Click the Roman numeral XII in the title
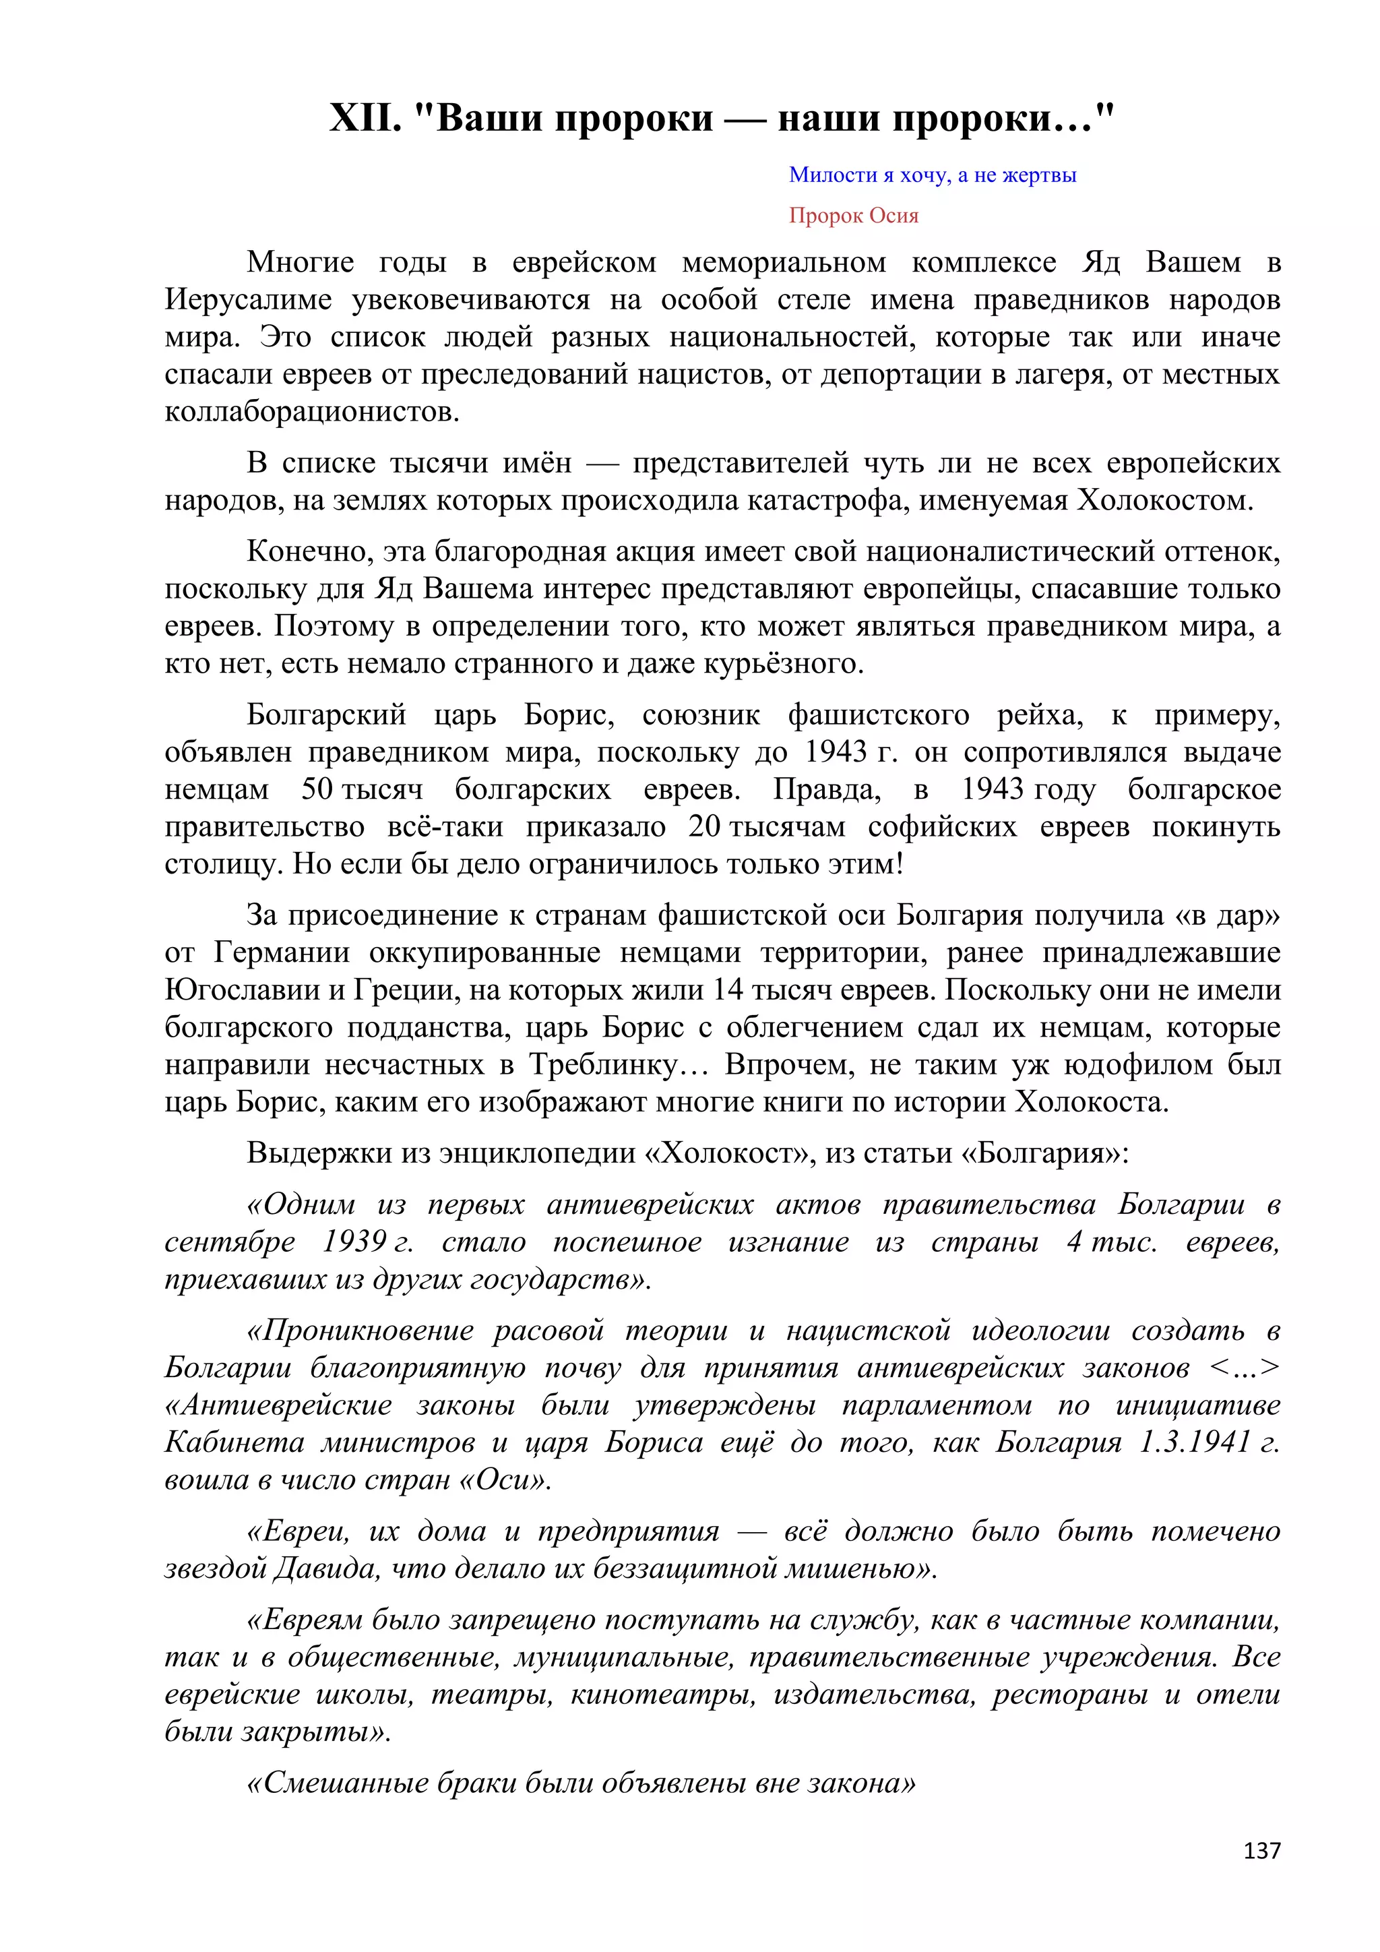coord(365,119)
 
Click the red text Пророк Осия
coord(853,216)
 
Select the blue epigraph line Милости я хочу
coord(932,175)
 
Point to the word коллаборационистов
coord(312,413)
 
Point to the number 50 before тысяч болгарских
coord(316,790)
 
